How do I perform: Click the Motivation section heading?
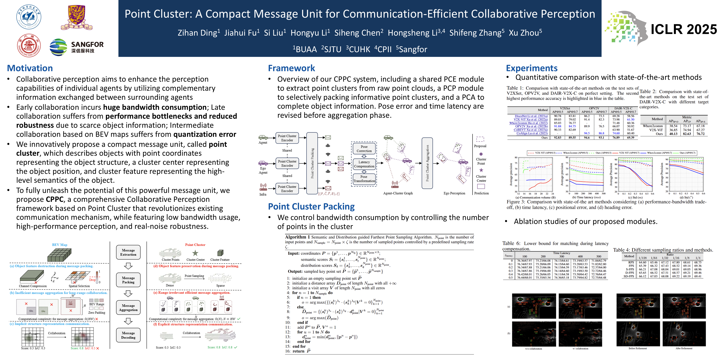[x=30, y=68]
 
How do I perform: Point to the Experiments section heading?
[x=532, y=68]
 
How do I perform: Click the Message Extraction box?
[x=128, y=252]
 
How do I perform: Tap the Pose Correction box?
[x=364, y=149]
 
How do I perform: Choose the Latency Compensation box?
[x=364, y=164]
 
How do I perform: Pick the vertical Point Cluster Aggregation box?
[x=427, y=163]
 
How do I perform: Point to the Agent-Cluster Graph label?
[x=398, y=193]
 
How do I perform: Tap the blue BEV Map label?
[x=60, y=245]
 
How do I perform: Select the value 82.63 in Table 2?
[x=687, y=134]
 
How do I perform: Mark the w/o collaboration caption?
[x=533, y=349]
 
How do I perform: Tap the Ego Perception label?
[x=454, y=193]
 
